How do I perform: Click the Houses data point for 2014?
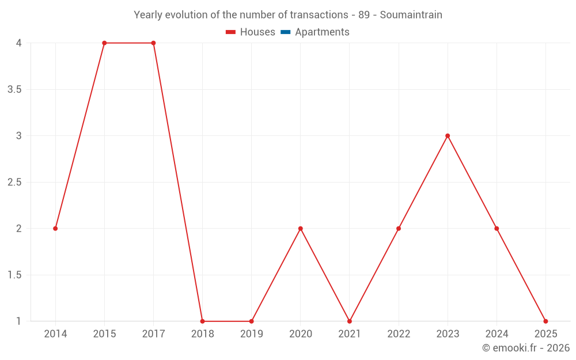(55, 229)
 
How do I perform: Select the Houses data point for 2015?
(104, 43)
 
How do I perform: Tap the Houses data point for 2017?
(153, 43)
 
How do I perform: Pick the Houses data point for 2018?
(202, 321)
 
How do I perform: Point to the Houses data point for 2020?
(300, 229)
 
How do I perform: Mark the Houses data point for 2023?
(448, 136)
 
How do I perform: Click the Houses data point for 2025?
(545, 321)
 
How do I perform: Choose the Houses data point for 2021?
(349, 321)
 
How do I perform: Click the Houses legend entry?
(257, 32)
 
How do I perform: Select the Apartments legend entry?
(322, 32)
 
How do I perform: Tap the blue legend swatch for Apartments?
(285, 32)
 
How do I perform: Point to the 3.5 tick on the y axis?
(15, 89)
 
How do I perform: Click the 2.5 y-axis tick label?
(15, 183)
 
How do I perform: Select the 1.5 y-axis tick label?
(15, 275)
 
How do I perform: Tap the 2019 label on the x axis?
(251, 334)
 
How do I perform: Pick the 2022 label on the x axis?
(399, 334)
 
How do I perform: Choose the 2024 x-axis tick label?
(497, 334)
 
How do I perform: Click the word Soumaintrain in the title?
(411, 15)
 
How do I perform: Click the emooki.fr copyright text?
(526, 348)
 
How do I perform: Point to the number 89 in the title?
(364, 15)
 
